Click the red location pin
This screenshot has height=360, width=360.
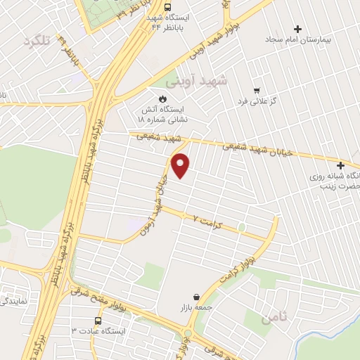pyautogui.click(x=181, y=165)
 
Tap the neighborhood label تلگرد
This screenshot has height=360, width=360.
pyautogui.click(x=37, y=41)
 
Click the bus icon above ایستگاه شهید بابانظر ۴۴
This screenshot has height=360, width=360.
pyautogui.click(x=167, y=7)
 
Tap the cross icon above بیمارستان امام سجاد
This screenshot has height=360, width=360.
pyautogui.click(x=297, y=29)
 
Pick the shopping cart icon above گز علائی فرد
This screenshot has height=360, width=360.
pyautogui.click(x=257, y=91)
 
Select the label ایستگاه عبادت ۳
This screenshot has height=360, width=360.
pyautogui.click(x=98, y=330)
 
